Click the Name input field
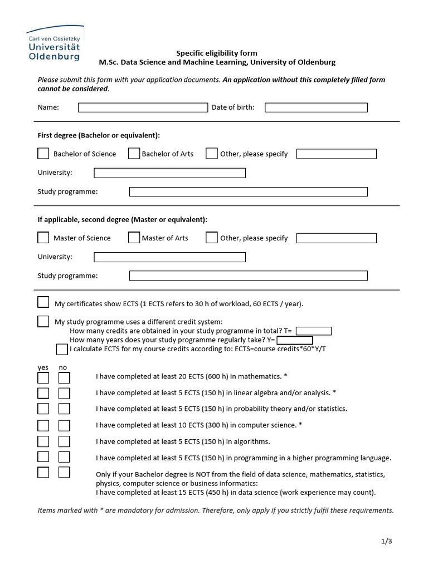[x=142, y=107]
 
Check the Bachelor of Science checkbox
[x=43, y=154]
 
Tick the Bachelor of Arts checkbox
[x=134, y=154]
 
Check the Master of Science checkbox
[x=43, y=238]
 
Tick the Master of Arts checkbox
[x=134, y=238]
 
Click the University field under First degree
[x=169, y=173]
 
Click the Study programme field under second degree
[x=248, y=276]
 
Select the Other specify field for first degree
[x=336, y=154]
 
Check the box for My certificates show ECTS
[x=43, y=302]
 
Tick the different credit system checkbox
[x=43, y=321]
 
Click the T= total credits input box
[x=313, y=331]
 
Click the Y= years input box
[x=294, y=340]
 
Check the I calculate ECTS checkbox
[x=62, y=350]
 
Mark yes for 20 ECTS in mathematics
[x=43, y=378]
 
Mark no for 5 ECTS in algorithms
[x=64, y=441]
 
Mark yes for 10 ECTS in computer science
[x=43, y=425]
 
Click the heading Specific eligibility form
[x=217, y=53]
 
